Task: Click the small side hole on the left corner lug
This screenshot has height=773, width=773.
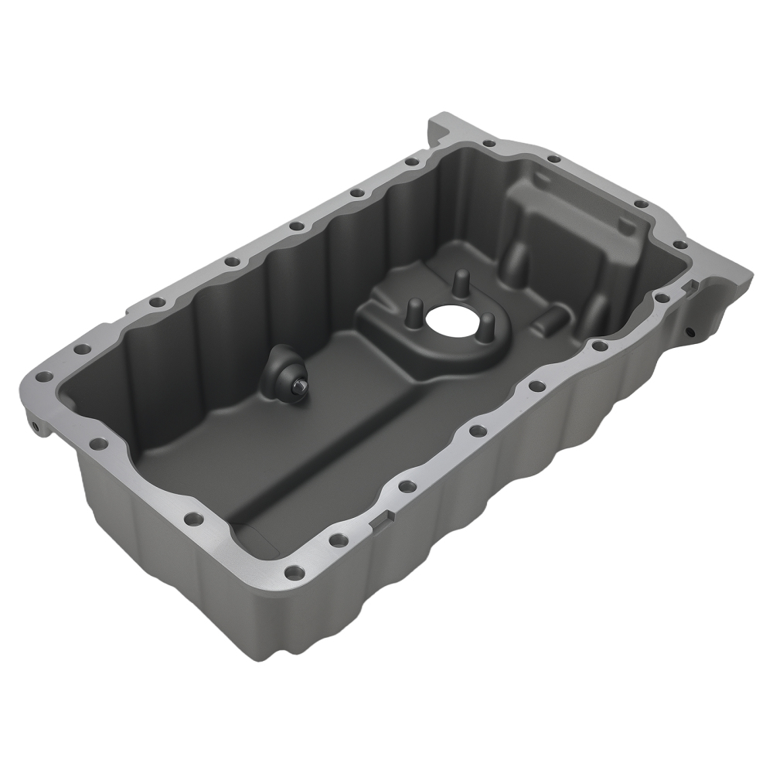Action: click(34, 424)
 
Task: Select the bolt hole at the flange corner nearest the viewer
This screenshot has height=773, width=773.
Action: click(295, 573)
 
